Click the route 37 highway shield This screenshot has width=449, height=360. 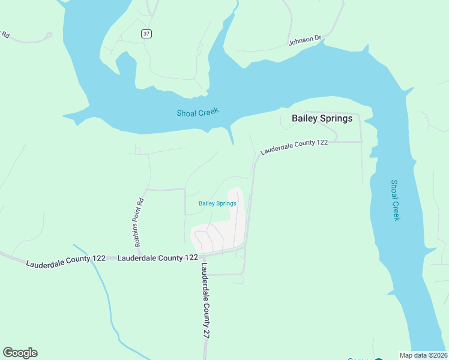coord(146,34)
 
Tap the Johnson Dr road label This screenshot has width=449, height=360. coord(306,41)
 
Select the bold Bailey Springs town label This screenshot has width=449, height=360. coord(322,118)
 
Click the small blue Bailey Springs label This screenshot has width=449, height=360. coord(217,203)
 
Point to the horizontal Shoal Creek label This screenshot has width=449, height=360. coord(197,112)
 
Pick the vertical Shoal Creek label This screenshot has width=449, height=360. coord(395,200)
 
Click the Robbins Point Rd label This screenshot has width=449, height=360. coord(139,223)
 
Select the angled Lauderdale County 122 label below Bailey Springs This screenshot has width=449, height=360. coord(294,148)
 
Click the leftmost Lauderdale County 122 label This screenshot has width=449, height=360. coord(65,261)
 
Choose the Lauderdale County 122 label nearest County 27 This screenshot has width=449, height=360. coord(158,257)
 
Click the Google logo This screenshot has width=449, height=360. coord(20,353)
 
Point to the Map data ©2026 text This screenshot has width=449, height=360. coord(423,355)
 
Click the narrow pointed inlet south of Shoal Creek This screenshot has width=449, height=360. coord(231,137)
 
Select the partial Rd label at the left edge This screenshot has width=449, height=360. coord(5,34)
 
